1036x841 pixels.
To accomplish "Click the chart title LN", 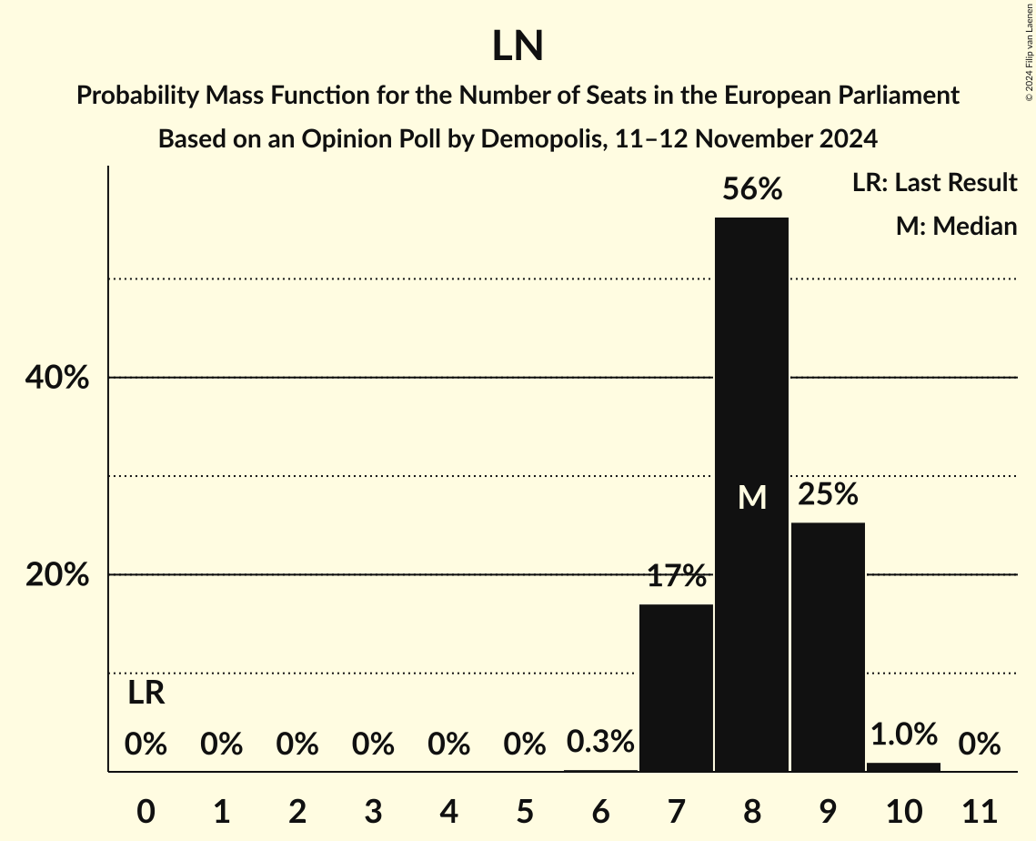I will coord(518,47).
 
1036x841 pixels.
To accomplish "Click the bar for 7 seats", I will coord(676,688).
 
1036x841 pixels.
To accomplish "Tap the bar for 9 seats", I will coord(828,647).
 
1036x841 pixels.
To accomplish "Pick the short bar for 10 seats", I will coord(903,767).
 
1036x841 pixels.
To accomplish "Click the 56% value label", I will coord(752,189).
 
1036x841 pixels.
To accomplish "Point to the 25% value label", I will coord(828,494).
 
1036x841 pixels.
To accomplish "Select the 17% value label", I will coord(677,576).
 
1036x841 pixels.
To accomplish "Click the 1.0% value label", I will coord(903,734).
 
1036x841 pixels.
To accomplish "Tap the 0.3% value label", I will coord(600,743).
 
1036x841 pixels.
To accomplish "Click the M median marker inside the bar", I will coord(752,497).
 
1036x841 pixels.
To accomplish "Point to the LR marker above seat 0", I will coord(146,694).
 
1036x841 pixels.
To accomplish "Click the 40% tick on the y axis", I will coord(57,378).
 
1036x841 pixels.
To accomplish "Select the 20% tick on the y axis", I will coord(57,575).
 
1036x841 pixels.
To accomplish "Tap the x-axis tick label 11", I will coord(979,809).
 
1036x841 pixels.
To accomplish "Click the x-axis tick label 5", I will coord(525,809).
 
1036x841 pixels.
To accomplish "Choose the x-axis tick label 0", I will coord(146,809).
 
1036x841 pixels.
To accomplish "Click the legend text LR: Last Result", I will coord(934,183).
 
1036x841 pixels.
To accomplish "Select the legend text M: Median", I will coord(956,227).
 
